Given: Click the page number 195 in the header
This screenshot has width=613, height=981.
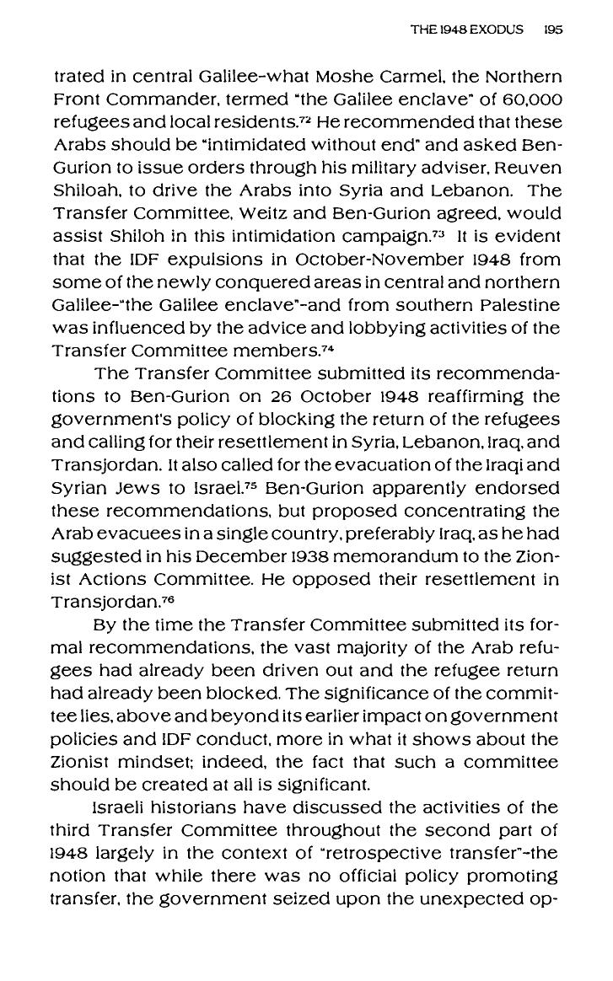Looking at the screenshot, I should pos(553,29).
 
